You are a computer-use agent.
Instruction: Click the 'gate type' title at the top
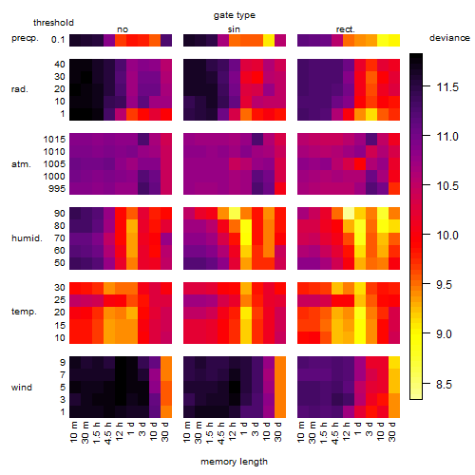click(x=235, y=15)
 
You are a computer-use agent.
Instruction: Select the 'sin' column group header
click(x=234, y=29)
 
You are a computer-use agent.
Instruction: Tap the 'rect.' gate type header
click(x=345, y=29)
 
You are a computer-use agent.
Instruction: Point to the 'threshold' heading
click(x=53, y=23)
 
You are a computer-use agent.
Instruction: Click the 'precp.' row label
click(x=25, y=38)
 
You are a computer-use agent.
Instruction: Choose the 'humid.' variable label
click(x=27, y=237)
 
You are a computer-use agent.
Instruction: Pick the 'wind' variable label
click(x=22, y=388)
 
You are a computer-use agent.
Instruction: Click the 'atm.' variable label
click(x=21, y=164)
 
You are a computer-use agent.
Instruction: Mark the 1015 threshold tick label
click(x=54, y=140)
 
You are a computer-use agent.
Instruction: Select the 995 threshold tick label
click(x=57, y=189)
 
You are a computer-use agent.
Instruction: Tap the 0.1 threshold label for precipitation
click(x=58, y=40)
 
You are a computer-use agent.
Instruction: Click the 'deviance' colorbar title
click(x=449, y=38)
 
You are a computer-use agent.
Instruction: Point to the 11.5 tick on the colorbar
click(x=447, y=87)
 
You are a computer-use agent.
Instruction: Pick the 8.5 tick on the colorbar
click(x=444, y=385)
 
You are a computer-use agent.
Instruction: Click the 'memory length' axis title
click(x=234, y=462)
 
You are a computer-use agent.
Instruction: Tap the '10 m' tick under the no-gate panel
click(x=73, y=431)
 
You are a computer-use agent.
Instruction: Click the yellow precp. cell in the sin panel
click(x=269, y=40)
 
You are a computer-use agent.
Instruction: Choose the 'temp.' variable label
click(x=24, y=312)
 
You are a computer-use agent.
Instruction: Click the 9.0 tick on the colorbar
click(x=444, y=334)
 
